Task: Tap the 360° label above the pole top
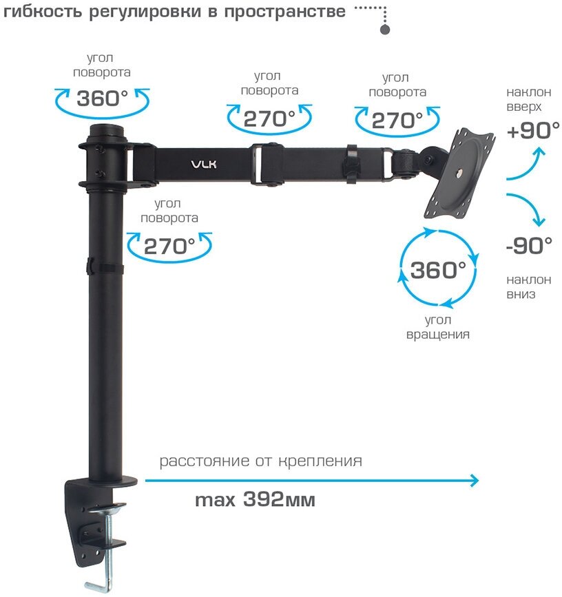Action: (x=103, y=98)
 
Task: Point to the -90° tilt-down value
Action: (x=529, y=244)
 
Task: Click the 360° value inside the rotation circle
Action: (x=438, y=270)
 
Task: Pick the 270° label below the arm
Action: (x=169, y=246)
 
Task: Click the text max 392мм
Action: (x=255, y=500)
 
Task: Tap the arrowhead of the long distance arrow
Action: (x=474, y=480)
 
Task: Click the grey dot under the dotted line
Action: (x=385, y=30)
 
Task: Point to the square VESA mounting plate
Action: (x=460, y=175)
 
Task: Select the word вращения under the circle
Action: (x=438, y=335)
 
